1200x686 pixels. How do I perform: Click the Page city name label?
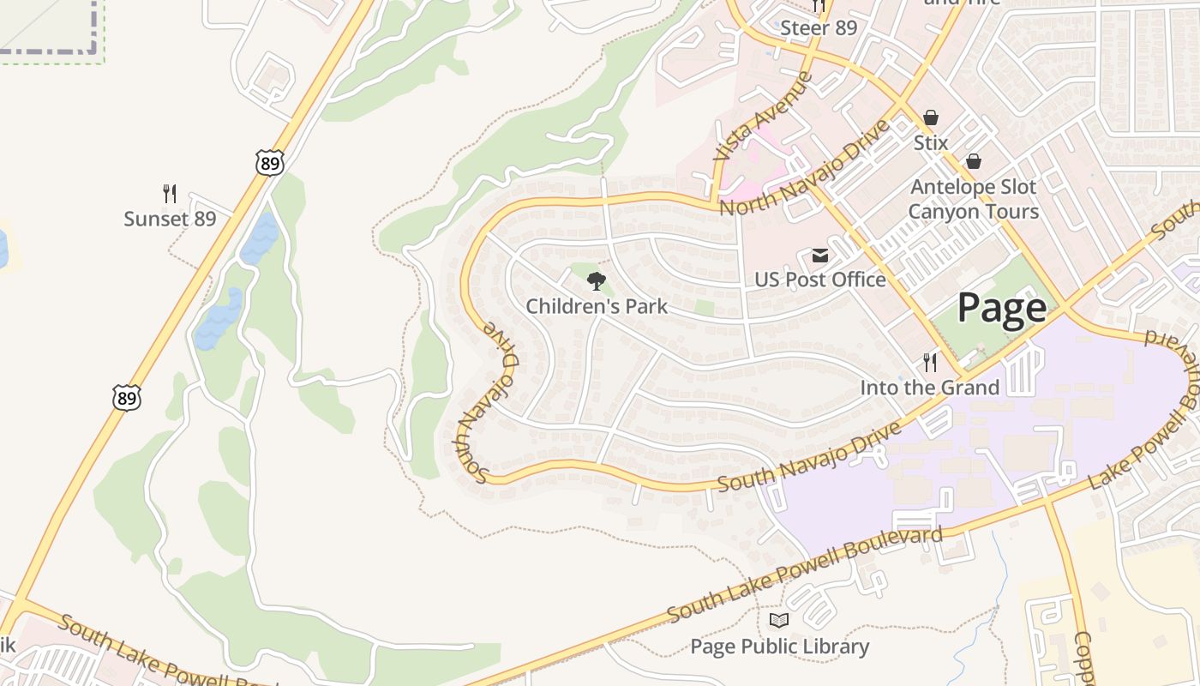1001,308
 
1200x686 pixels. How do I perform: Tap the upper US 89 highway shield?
269,162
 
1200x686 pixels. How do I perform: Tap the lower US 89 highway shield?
126,397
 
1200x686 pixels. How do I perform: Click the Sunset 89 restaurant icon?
170,194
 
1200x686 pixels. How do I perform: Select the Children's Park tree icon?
597,280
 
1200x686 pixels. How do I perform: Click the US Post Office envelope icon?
820,256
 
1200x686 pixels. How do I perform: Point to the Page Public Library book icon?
779,621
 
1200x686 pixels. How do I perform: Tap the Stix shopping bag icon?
931,117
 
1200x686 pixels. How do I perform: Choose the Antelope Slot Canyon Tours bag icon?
974,161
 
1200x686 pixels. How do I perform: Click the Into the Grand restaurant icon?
930,363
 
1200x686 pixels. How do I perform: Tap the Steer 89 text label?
819,28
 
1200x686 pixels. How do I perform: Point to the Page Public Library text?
780,647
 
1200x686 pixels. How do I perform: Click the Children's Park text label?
597,306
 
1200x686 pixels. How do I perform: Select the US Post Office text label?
820,280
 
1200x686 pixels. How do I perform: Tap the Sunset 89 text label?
170,219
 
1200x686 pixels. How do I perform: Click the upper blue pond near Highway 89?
260,238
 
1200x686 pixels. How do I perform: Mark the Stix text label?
931,142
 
